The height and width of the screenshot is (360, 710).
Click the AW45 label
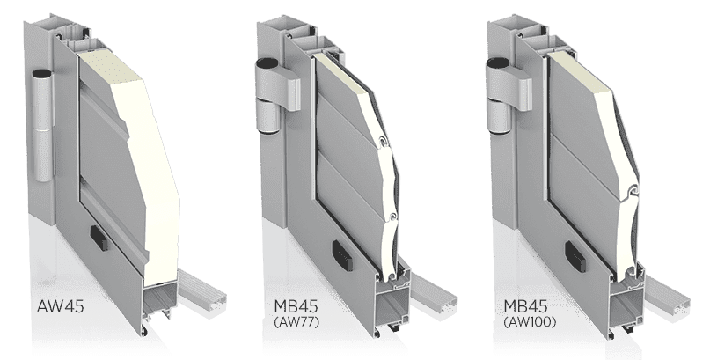60,306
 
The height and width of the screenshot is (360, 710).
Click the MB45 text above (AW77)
296,306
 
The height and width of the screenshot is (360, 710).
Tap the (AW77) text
296,322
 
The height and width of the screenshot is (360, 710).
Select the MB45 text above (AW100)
526,306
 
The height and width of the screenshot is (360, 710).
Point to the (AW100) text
530,322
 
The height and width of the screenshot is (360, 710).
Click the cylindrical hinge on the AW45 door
43,126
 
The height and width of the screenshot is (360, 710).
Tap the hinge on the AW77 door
273,96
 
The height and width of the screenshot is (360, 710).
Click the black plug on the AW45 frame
99,238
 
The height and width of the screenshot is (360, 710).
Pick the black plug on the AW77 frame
342,254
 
